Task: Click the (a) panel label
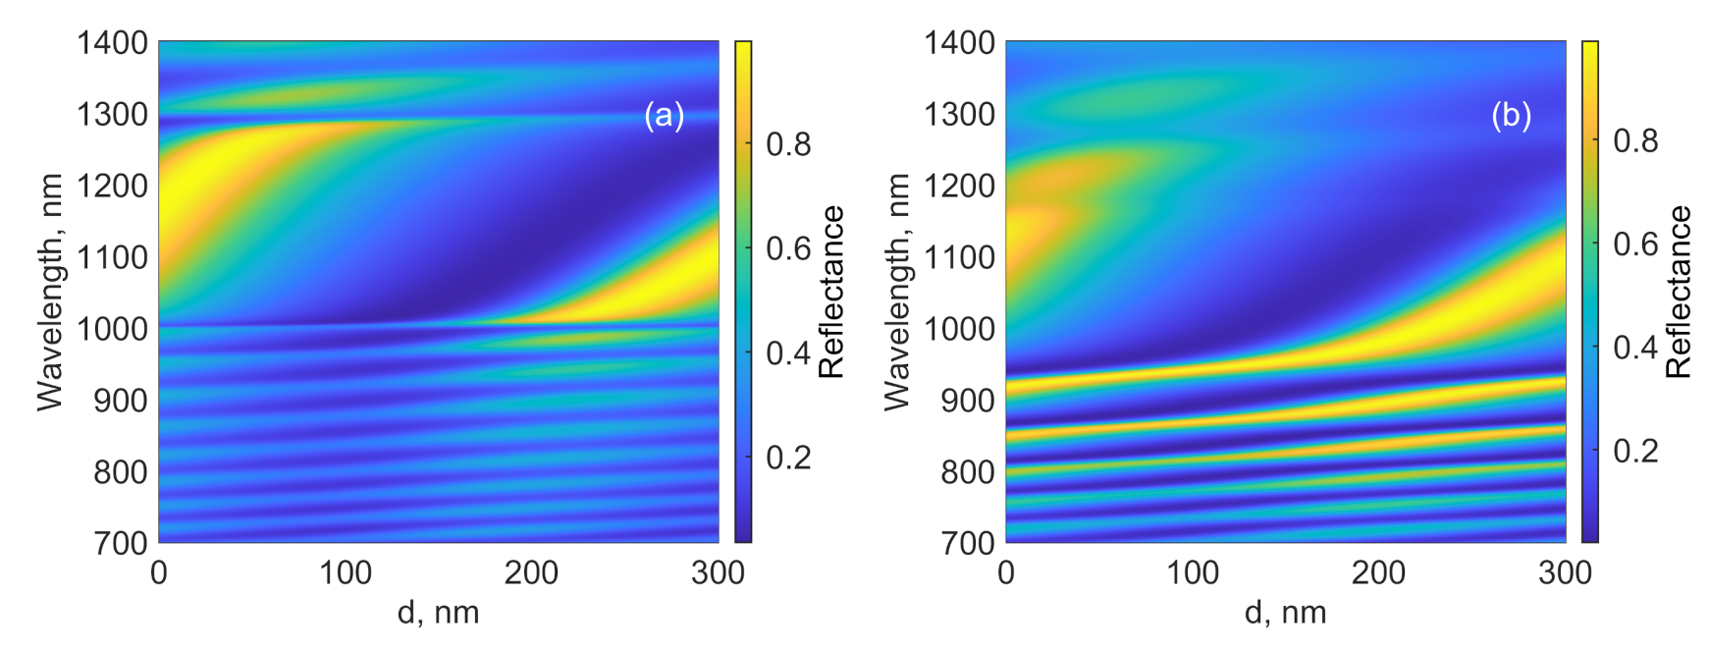point(664,116)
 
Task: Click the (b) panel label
point(1511,116)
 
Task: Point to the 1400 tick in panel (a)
point(112,43)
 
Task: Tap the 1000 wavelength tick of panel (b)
point(959,329)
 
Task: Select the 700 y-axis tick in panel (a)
point(121,543)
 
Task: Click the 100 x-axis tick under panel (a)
point(345,573)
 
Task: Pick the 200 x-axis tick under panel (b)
point(1378,573)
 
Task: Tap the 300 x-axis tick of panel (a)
point(718,573)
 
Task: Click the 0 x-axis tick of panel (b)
point(1006,573)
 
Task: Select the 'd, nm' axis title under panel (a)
point(438,614)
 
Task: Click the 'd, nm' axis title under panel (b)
point(1285,614)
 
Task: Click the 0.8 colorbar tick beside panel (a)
point(788,145)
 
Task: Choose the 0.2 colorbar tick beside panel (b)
point(1635,452)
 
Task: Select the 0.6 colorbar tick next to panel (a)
point(788,248)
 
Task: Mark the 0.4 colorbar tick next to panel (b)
point(1635,348)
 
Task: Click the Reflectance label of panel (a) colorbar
point(831,292)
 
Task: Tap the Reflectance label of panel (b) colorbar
point(1679,292)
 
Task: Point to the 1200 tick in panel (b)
point(959,186)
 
